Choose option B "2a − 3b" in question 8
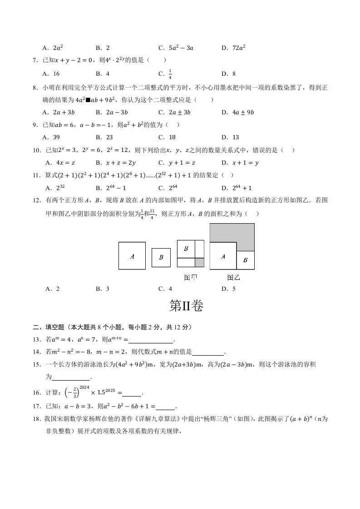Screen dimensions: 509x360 pyautogui.click(x=112, y=112)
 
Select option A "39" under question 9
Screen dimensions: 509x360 pyautogui.click(x=51, y=137)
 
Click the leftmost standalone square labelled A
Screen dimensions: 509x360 pyautogui.click(x=132, y=256)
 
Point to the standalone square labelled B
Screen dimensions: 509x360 pyautogui.click(x=161, y=258)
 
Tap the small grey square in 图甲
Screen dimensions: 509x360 pyautogui.click(x=199, y=262)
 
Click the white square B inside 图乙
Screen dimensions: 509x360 pyautogui.click(x=245, y=260)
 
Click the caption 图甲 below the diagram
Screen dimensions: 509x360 pyautogui.click(x=191, y=277)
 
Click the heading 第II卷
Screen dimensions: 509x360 pyautogui.click(x=186, y=307)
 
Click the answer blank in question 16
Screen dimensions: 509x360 pyautogui.click(x=132, y=394)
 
